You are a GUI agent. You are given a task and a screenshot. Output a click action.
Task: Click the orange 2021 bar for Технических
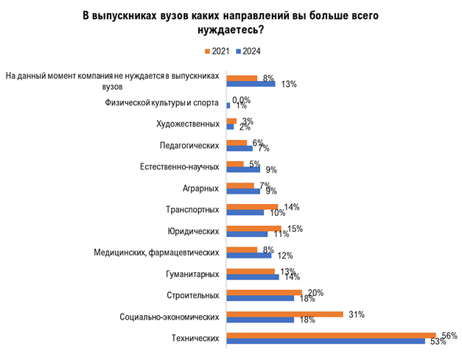(331, 335)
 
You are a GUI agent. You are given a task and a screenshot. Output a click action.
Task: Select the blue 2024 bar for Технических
(326, 342)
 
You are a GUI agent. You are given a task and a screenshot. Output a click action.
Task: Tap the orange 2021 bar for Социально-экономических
(284, 314)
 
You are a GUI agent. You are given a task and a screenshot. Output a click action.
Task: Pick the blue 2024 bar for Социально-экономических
(260, 320)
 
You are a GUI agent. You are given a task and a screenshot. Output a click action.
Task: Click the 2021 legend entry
(216, 52)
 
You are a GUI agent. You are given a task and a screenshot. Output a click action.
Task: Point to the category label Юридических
(197, 230)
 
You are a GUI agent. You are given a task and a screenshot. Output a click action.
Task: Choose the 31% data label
(357, 314)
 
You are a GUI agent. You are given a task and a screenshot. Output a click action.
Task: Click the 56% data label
(449, 336)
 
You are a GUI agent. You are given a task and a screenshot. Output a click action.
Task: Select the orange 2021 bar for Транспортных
(252, 206)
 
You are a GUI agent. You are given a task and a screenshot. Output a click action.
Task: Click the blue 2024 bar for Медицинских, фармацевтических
(249, 255)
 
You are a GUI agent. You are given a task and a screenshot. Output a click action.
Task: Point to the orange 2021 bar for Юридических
(254, 227)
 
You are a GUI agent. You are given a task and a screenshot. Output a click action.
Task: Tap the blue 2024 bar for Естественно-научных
(244, 169)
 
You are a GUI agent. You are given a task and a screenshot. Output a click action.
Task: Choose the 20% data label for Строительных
(315, 292)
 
